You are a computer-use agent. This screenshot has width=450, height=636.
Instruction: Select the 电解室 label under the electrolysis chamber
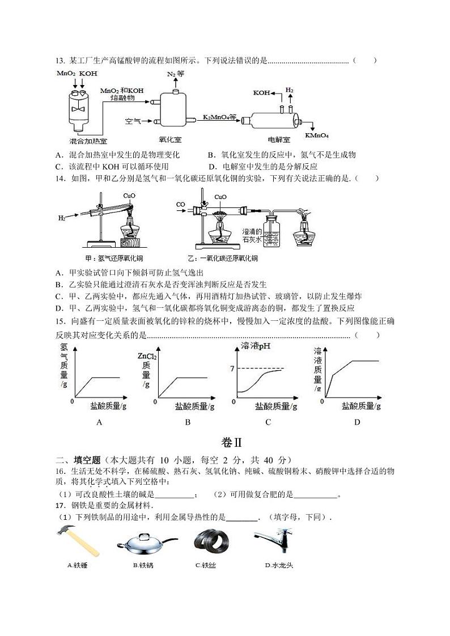[279, 139]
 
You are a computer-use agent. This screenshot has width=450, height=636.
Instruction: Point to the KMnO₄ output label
[317, 135]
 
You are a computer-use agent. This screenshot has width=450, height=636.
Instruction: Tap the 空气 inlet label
[133, 121]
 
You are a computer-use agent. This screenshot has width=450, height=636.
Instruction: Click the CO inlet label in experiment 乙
[180, 204]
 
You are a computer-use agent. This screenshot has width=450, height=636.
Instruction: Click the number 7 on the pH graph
[232, 369]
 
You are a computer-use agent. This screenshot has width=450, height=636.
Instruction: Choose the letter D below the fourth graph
[357, 422]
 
